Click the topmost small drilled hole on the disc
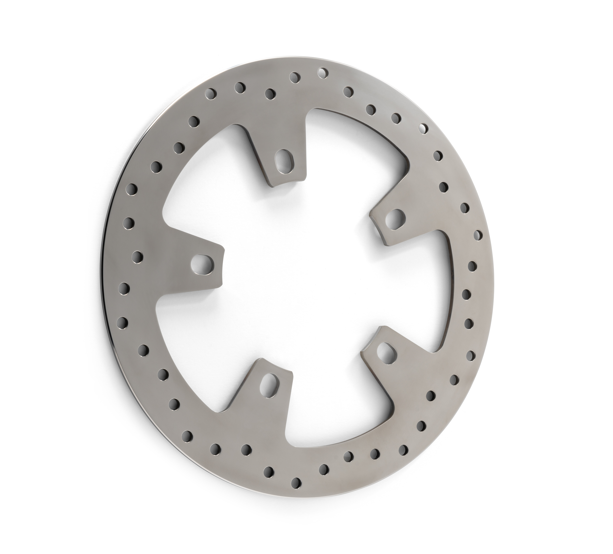(323, 73)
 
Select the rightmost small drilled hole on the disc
(478, 235)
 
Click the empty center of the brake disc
(298, 274)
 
